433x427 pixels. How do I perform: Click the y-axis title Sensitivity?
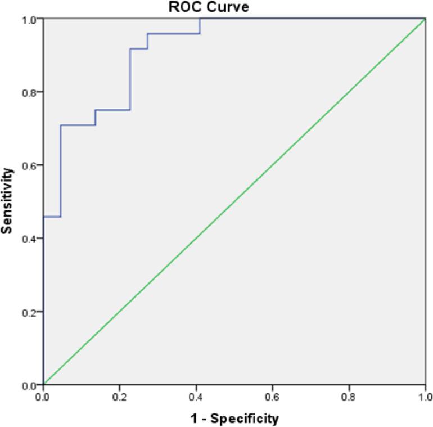point(7,201)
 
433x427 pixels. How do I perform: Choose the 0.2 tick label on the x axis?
point(120,396)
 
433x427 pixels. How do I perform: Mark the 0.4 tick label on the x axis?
point(196,396)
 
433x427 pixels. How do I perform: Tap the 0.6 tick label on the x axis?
point(273,396)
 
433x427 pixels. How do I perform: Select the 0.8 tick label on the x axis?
point(349,396)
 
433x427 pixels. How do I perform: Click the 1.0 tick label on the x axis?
point(425,396)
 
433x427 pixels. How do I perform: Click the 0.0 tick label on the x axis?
point(43,396)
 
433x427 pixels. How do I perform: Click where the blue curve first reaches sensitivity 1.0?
point(200,19)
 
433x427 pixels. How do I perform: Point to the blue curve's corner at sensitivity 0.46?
point(60,217)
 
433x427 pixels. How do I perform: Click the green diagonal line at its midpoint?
point(234,201)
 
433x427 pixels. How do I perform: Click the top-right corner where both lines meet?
point(425,19)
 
